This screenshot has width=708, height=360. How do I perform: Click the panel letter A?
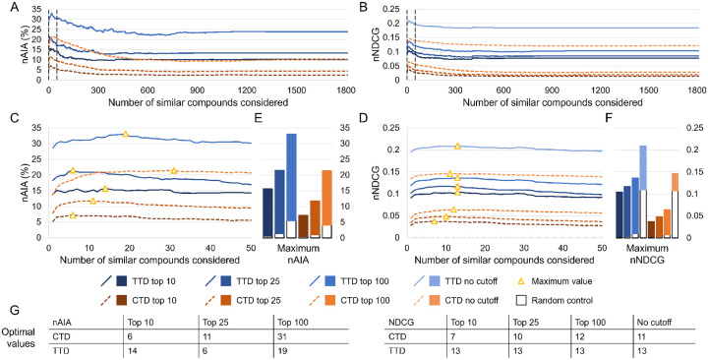[x=7, y=7]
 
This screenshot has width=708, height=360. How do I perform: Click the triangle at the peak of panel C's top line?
[x=125, y=134]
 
